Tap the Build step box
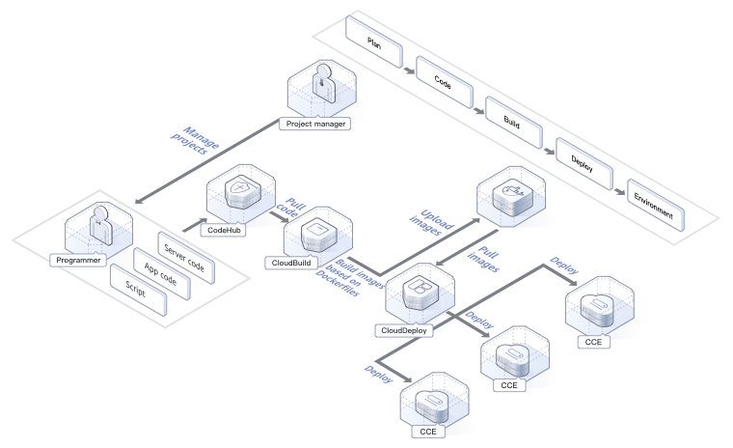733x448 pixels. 512,120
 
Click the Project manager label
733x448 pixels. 315,124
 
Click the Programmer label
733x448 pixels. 76,259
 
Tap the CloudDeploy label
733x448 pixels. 404,330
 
